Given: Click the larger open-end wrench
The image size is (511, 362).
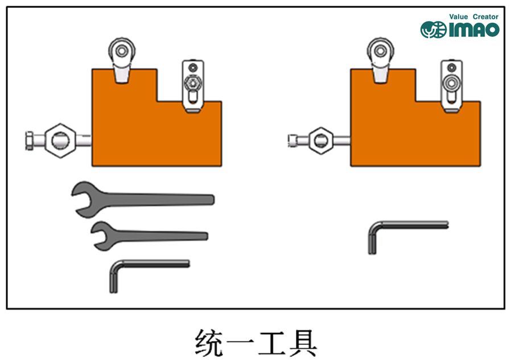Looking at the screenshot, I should (x=148, y=200).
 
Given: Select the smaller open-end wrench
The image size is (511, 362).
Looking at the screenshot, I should (x=154, y=235).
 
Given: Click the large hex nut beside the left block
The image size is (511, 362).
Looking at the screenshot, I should (x=59, y=139).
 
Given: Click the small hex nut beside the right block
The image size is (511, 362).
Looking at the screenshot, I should (x=320, y=140).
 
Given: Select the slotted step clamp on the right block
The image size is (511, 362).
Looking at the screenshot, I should (x=452, y=85).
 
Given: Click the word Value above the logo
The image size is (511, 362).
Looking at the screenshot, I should (x=459, y=17).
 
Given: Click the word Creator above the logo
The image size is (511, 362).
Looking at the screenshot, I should (x=485, y=17).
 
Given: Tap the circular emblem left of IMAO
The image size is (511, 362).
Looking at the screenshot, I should (x=433, y=30).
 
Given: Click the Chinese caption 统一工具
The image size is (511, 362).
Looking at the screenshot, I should (x=255, y=341).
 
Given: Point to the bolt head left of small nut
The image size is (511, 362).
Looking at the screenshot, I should (x=293, y=140).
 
